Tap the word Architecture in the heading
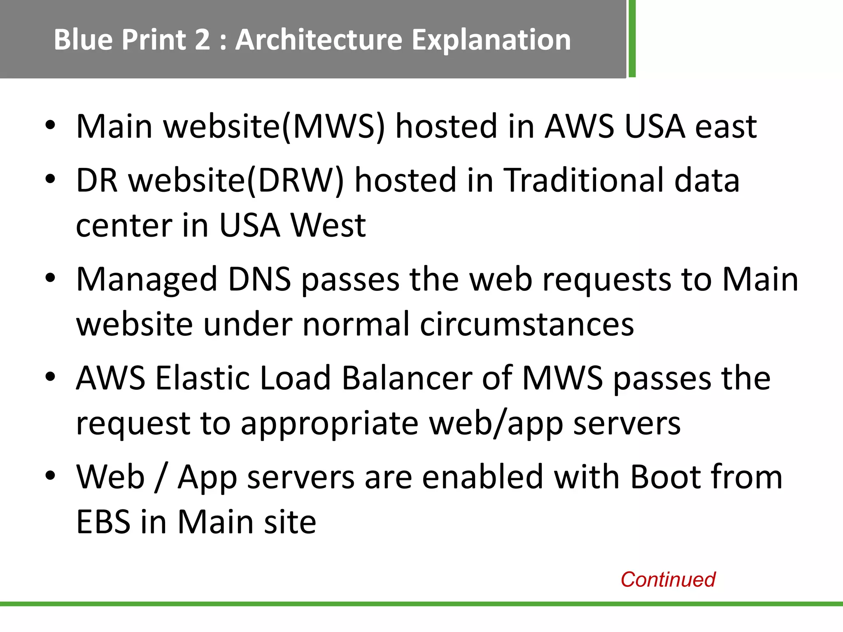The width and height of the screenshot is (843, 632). click(x=319, y=40)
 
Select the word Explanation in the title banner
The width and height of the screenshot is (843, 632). click(x=491, y=40)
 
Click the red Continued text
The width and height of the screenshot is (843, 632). click(x=668, y=579)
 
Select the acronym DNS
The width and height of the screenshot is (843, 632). click(x=259, y=279)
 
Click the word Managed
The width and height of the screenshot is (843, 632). click(x=147, y=280)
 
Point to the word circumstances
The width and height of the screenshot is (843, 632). click(x=526, y=324)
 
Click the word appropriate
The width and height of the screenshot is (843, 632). click(x=329, y=424)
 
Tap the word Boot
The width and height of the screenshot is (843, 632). click(x=659, y=477)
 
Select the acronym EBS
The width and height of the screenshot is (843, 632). click(x=103, y=522)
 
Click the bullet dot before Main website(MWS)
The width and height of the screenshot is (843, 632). click(x=50, y=125)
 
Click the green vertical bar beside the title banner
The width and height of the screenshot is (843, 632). click(x=632, y=39)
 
